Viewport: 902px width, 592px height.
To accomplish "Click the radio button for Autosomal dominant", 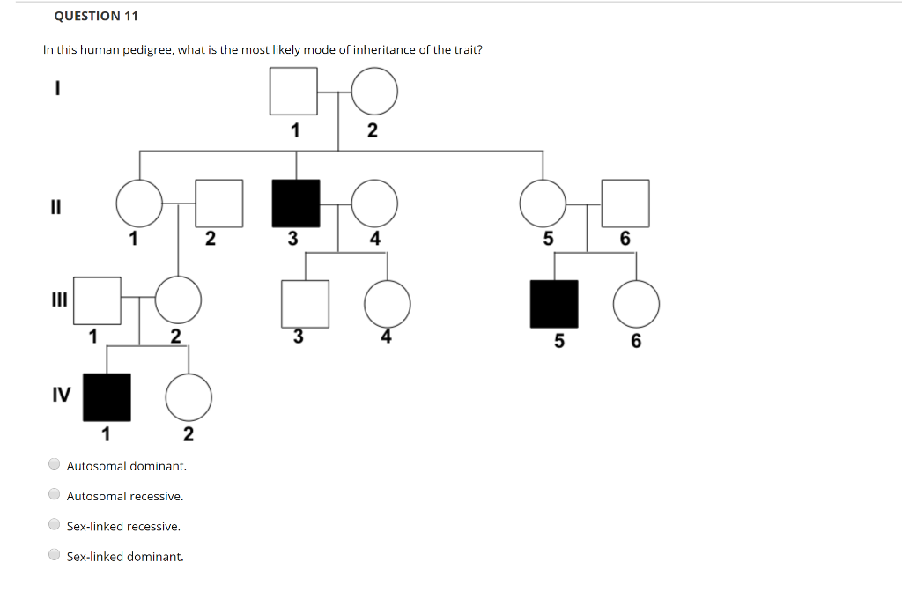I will coord(55,464).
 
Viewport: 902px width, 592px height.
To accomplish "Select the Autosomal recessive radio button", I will coord(55,495).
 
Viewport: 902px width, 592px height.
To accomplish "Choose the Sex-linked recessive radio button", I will coord(55,525).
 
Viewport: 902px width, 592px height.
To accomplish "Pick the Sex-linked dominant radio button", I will coord(55,556).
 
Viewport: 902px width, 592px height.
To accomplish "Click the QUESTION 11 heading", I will coord(96,16).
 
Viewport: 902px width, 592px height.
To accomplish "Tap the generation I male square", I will coord(293,91).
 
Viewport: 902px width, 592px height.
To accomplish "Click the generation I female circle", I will coord(374,91).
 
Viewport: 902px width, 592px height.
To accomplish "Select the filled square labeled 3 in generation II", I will coord(296,203).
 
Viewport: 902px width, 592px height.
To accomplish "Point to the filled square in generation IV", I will coord(107,397).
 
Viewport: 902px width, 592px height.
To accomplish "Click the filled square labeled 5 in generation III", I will coord(554,304).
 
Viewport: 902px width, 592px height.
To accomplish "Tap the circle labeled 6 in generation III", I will coord(636,304).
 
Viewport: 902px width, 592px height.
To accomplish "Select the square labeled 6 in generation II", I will coord(625,203).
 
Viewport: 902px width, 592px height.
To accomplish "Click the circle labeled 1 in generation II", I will coord(139,203).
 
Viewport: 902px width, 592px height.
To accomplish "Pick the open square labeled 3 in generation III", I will coord(305,304).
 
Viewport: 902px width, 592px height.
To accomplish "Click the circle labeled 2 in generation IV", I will coord(189,397).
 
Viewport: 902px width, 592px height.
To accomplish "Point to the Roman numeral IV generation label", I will coord(61,394).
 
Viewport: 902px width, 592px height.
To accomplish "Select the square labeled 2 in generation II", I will coord(218,203).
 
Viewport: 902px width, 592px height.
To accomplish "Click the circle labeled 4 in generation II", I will coord(374,203).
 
